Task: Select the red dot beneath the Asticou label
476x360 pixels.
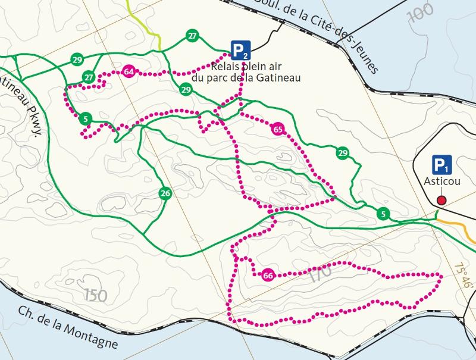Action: (x=441, y=200)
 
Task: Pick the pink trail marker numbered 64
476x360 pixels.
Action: (x=128, y=72)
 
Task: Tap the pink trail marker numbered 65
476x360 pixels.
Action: (x=277, y=129)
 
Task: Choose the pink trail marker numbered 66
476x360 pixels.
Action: (x=267, y=275)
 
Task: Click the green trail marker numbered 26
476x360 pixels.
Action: (x=165, y=193)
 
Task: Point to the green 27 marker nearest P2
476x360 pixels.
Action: (x=192, y=36)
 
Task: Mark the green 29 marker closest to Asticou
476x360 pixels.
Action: (x=342, y=153)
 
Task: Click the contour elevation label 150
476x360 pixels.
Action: (x=96, y=294)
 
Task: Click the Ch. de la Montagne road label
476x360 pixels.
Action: (x=66, y=328)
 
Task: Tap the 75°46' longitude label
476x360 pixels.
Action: (x=464, y=276)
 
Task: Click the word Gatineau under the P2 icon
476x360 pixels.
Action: (x=277, y=77)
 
